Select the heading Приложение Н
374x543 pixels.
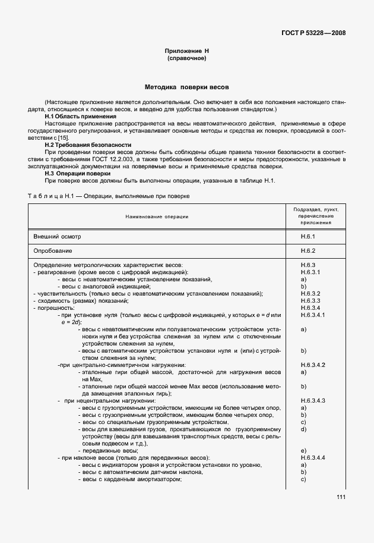click(x=186, y=52)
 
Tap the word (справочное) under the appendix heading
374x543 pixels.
click(x=186, y=59)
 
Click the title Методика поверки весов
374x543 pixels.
click(x=186, y=87)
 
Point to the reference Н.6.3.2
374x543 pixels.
click(x=310, y=293)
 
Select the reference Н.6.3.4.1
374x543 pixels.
click(x=314, y=315)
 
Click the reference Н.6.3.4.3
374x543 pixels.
click(x=314, y=401)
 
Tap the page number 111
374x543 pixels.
click(x=340, y=498)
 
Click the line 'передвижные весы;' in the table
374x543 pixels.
click(x=102, y=451)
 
